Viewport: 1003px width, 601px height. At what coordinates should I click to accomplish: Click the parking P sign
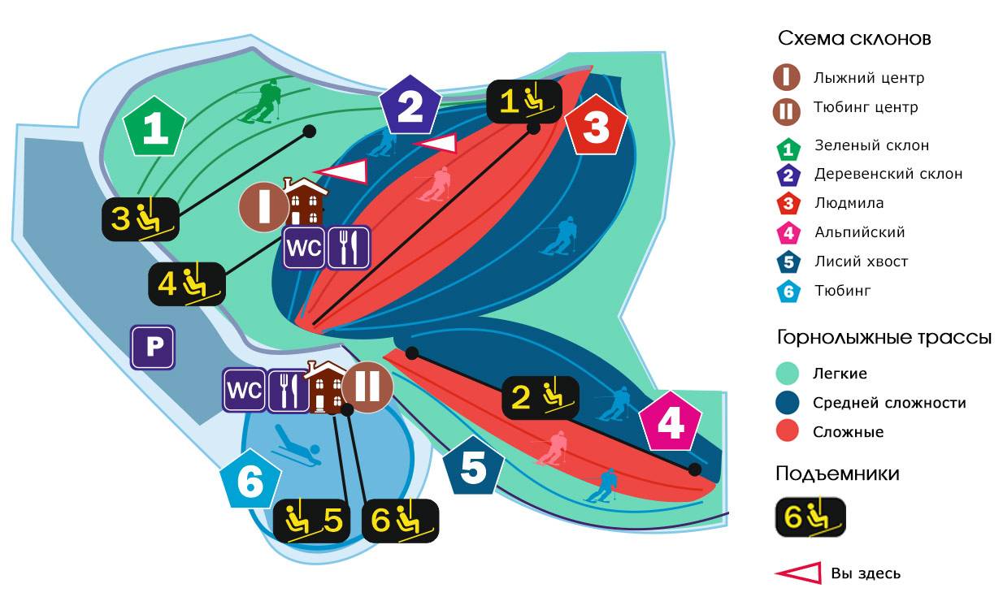tap(153, 348)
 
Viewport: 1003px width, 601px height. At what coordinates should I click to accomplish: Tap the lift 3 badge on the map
tap(139, 218)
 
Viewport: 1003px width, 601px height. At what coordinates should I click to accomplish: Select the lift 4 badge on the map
tap(186, 283)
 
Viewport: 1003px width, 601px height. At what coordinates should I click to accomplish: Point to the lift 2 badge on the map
tap(540, 397)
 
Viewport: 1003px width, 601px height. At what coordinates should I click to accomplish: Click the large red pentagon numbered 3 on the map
tap(596, 128)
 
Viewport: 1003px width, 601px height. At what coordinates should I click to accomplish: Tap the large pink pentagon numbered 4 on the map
tap(670, 422)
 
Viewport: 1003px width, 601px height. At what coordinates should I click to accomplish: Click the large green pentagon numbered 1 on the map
tap(154, 128)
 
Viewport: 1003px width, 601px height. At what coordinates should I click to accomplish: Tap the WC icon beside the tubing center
tap(245, 390)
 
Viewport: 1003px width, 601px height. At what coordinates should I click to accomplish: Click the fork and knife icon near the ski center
tap(349, 248)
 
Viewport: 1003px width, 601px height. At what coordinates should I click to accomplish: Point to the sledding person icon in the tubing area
tap(296, 446)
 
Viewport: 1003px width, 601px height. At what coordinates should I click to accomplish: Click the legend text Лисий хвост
tap(861, 262)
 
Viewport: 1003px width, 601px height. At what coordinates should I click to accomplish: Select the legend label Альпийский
tap(859, 232)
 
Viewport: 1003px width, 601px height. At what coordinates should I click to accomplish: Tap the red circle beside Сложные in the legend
tap(788, 431)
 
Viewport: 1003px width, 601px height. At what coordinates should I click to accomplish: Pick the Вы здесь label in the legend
tap(865, 573)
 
